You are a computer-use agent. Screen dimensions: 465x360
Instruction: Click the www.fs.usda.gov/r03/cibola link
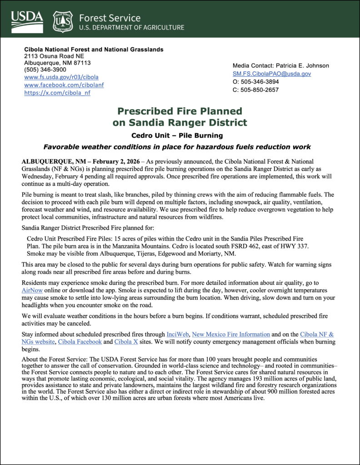61,77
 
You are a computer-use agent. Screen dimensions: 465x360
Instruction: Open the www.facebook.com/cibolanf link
64,85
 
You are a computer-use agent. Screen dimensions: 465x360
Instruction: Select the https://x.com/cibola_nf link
57,93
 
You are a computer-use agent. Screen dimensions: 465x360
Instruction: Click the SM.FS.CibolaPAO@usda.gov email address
271,74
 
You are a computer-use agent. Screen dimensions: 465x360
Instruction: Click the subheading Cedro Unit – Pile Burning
180,135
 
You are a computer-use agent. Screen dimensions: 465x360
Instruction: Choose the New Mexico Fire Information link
232,334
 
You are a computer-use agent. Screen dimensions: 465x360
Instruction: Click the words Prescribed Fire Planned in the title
180,111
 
